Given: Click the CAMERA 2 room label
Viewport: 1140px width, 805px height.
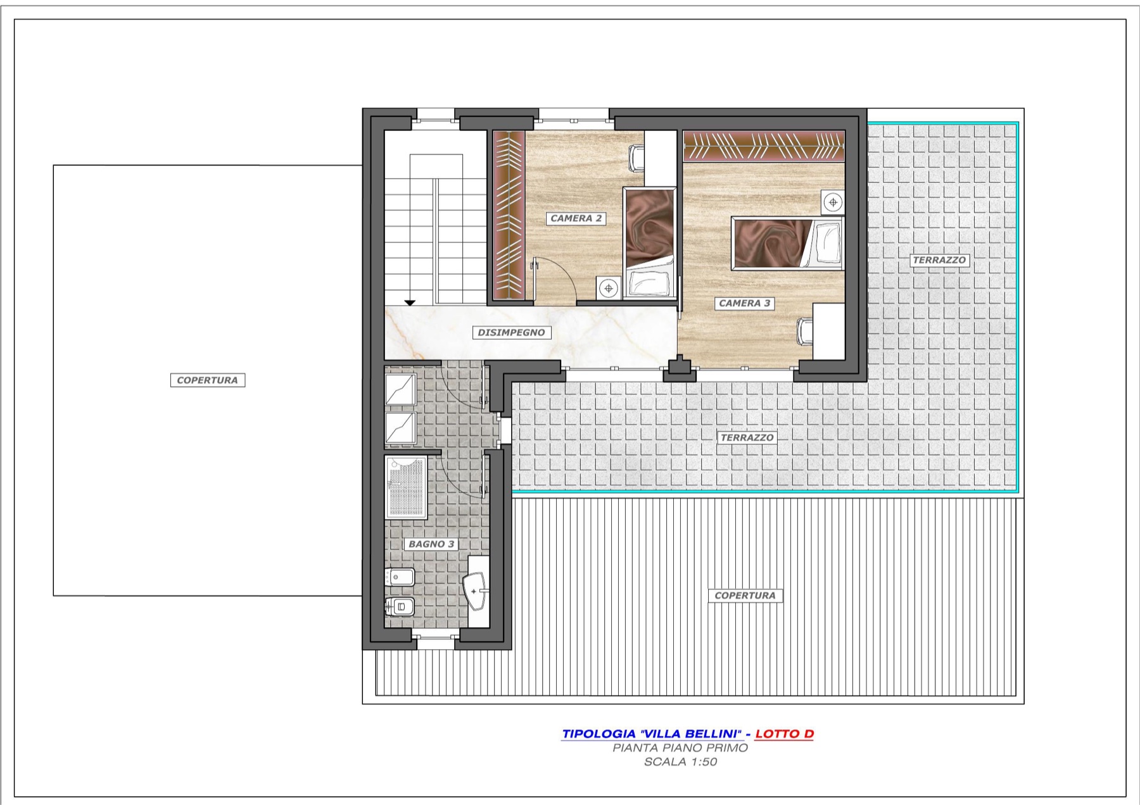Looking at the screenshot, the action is [x=576, y=218].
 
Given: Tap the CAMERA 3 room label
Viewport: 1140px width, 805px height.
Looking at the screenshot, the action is [x=744, y=303].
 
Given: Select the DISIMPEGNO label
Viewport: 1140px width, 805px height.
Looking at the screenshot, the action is [x=511, y=332].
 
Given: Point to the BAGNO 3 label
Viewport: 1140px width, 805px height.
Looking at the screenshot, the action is [x=431, y=544].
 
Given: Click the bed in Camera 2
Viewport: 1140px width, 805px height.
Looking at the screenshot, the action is [x=649, y=242].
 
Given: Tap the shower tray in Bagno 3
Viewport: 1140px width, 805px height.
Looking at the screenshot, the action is [x=406, y=487].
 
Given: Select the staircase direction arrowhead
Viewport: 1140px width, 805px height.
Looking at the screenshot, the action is [x=410, y=303].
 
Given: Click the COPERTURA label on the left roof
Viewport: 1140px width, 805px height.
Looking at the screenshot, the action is [x=208, y=380].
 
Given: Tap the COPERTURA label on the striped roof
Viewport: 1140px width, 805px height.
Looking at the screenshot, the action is [x=745, y=596].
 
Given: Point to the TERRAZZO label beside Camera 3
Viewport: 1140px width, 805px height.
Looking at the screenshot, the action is [x=939, y=260].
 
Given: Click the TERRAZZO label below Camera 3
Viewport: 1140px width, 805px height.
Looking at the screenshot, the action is [x=747, y=437].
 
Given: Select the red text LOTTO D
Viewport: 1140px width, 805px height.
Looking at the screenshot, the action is [x=784, y=734].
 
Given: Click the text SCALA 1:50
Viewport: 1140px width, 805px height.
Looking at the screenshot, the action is [x=680, y=762].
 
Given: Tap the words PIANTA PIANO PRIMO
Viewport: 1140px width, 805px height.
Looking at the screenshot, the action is [x=680, y=748].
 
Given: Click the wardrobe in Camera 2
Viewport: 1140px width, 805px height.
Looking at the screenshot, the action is [x=509, y=215].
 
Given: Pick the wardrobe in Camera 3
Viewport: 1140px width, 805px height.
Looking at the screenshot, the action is [x=764, y=146].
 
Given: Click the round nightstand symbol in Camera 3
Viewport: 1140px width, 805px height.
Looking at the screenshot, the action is [x=833, y=203].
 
